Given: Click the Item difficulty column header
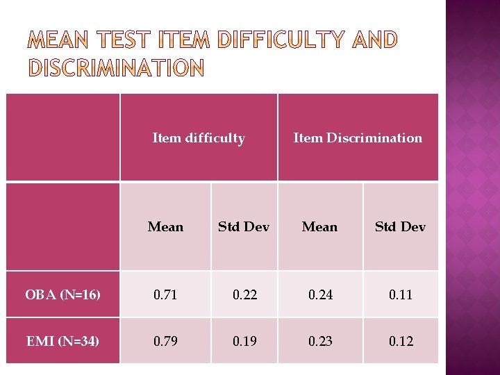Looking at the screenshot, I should pos(199,138).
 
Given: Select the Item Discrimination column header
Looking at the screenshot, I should pos(358,138).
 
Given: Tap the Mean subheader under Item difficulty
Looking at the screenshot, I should pos(165,227).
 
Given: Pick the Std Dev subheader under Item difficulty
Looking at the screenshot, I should pos(244,227).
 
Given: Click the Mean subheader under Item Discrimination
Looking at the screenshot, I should pos(319,227).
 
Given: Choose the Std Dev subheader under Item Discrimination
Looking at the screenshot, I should pos(400,227).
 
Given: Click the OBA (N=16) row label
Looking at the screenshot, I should pos(63,295).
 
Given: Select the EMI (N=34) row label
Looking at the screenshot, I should pos(62,341).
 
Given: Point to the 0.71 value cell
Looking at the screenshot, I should pos(165,295).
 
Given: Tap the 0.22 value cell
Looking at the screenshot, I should pos(244,295).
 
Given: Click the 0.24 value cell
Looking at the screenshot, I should pos(319,295).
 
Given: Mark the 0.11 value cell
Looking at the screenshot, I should pos(400,295).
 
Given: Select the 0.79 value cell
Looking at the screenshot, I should pos(165,341).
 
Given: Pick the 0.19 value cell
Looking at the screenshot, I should pos(244,341).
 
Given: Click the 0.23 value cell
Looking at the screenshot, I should pos(319,341).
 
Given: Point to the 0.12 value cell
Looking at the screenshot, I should pos(400,341).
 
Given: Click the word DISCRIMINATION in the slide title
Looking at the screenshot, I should pos(116,68).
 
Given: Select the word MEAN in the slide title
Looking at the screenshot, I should pos(61,40).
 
